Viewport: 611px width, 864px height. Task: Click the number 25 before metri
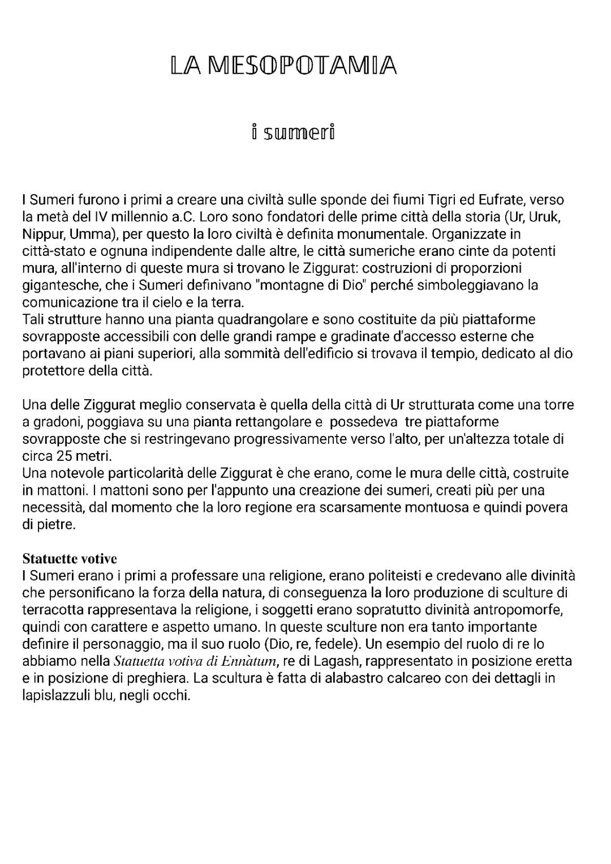[x=64, y=456]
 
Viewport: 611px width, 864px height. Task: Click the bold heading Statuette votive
[x=70, y=559]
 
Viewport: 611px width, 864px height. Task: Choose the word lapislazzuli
[x=58, y=695]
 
